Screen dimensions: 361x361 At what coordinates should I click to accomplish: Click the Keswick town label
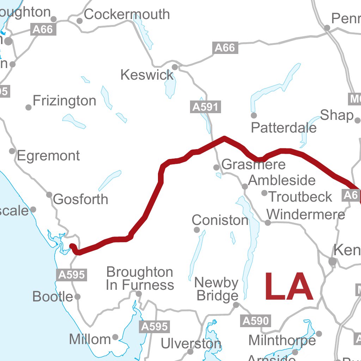(x=147, y=75)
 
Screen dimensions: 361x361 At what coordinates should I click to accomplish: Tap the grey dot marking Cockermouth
(x=80, y=21)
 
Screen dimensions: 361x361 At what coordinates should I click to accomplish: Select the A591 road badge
(x=206, y=107)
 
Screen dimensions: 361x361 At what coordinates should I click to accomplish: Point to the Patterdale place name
(x=284, y=128)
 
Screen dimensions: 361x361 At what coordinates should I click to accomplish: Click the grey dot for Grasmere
(x=216, y=167)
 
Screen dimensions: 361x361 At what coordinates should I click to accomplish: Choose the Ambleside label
(x=282, y=180)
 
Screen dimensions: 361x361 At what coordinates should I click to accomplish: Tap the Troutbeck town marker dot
(x=264, y=193)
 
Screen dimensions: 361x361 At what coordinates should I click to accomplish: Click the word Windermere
(x=306, y=214)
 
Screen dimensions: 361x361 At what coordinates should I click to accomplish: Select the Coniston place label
(x=220, y=220)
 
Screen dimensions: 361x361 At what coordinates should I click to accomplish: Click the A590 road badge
(x=256, y=321)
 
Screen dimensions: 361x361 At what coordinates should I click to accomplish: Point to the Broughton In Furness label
(x=140, y=278)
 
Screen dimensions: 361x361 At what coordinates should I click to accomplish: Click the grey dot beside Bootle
(x=78, y=297)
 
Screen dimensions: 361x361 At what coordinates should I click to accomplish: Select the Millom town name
(x=90, y=339)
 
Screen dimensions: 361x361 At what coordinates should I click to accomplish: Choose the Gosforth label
(x=80, y=200)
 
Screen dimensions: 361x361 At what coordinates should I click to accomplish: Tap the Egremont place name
(x=48, y=156)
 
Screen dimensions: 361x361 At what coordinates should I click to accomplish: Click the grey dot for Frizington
(x=29, y=107)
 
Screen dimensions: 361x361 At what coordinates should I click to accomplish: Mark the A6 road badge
(x=351, y=195)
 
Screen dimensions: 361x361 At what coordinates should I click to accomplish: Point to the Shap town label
(x=337, y=115)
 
